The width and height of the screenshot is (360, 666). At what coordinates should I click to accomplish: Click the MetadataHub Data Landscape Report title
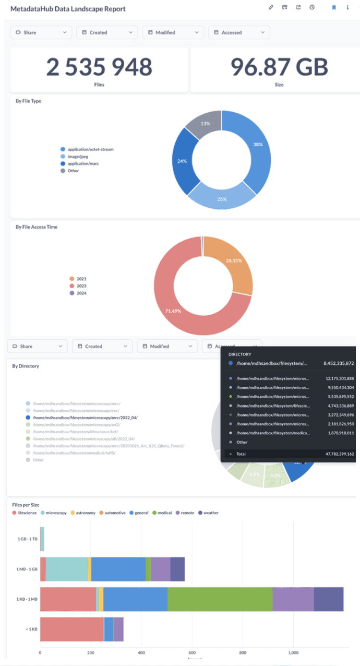68,9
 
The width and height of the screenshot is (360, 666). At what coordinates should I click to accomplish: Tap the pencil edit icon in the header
271,7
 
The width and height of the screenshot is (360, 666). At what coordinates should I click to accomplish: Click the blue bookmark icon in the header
334,7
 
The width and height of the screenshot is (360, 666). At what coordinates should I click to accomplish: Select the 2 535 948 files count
99,67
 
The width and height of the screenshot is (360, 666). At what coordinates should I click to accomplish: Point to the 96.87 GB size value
279,67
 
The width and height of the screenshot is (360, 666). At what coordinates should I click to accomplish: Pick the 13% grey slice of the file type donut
206,124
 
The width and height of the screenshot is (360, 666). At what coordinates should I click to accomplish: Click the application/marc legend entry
83,163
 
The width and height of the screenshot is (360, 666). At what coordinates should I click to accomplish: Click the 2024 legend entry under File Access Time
81,293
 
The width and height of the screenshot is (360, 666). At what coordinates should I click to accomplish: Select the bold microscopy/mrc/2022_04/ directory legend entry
85,418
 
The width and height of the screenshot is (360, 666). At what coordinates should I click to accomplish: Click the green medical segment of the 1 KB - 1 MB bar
220,599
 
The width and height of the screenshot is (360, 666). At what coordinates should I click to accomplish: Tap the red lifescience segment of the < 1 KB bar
72,629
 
